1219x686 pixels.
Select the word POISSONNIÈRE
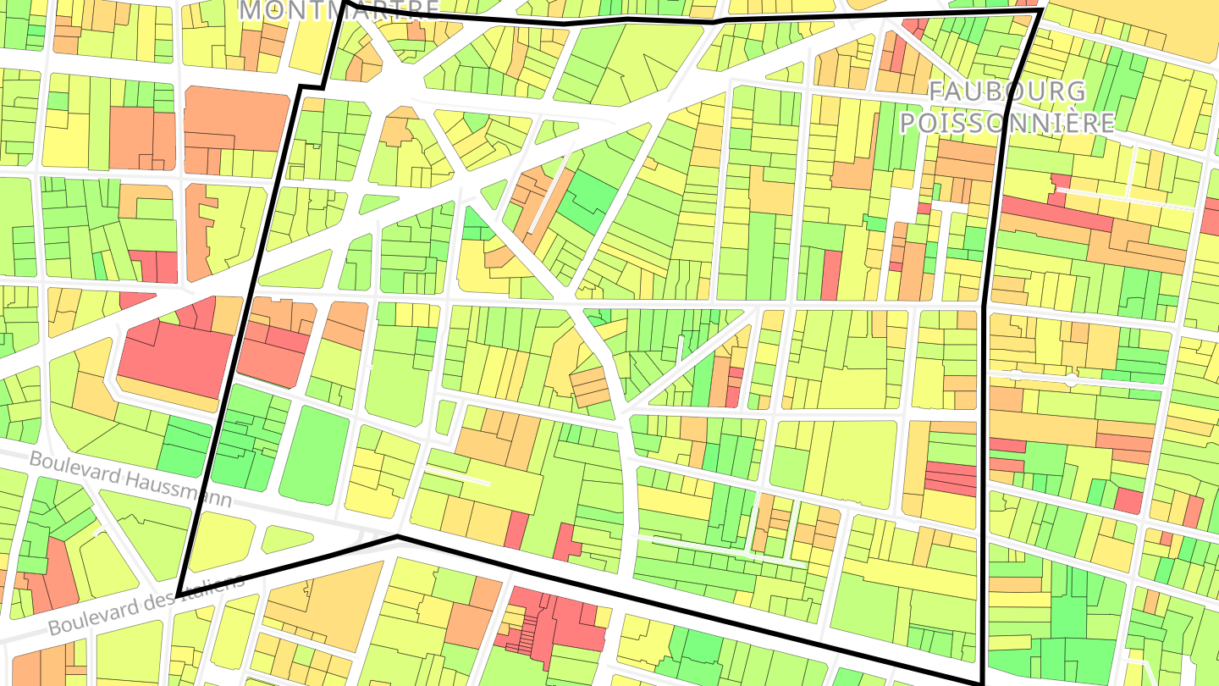1007,123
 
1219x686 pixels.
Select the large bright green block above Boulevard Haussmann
314,456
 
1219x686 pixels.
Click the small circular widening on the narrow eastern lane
1071,380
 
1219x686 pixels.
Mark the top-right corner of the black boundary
1040,11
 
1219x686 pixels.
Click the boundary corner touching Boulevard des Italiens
179,594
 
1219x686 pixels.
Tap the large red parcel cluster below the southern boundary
554,622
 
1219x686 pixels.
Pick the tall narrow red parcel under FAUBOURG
831,274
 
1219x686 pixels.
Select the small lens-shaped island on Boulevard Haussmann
286,539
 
